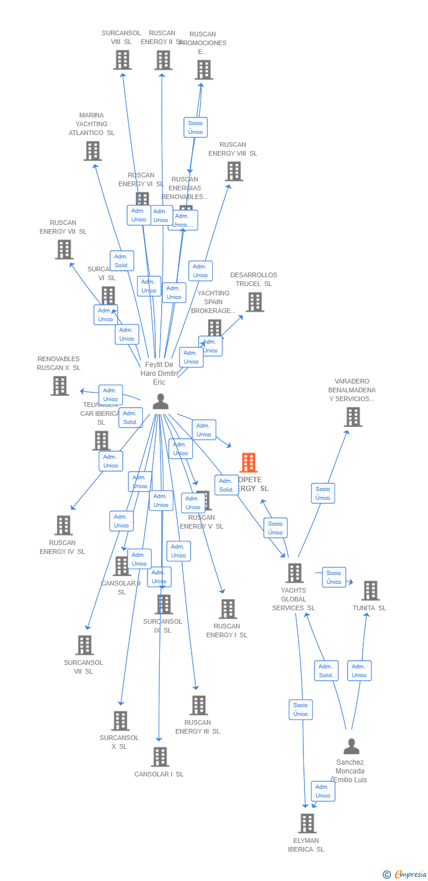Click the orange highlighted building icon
coord(249,463)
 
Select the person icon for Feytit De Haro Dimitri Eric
coord(160,402)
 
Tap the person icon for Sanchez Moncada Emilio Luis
coord(351,746)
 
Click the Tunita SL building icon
coord(370,590)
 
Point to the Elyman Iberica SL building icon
coord(307,823)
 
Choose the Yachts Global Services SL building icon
coord(294,573)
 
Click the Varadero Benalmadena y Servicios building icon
coord(353,416)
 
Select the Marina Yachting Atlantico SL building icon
coord(92,151)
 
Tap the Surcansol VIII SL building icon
coord(122,60)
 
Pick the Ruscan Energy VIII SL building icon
coord(233,171)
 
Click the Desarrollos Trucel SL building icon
coord(255,302)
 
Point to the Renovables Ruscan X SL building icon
coord(59,386)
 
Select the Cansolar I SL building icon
coord(159,756)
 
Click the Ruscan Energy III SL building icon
coord(199,705)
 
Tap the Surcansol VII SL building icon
coord(85,645)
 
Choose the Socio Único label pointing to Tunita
coord(334,577)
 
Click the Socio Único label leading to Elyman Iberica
coord(300,709)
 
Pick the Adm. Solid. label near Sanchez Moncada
coord(326,671)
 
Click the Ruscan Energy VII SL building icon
coord(63,250)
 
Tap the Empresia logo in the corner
coord(406,874)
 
